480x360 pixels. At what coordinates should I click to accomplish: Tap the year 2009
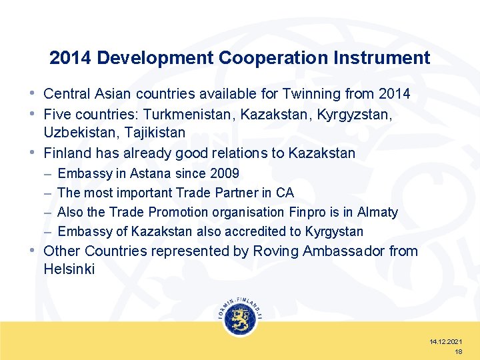(x=224, y=173)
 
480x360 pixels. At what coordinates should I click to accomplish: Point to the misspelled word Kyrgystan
(x=334, y=231)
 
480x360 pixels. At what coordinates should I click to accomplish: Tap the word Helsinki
(x=69, y=269)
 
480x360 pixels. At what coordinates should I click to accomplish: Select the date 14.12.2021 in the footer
(x=446, y=341)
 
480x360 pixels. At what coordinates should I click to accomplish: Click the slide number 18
(x=458, y=351)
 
